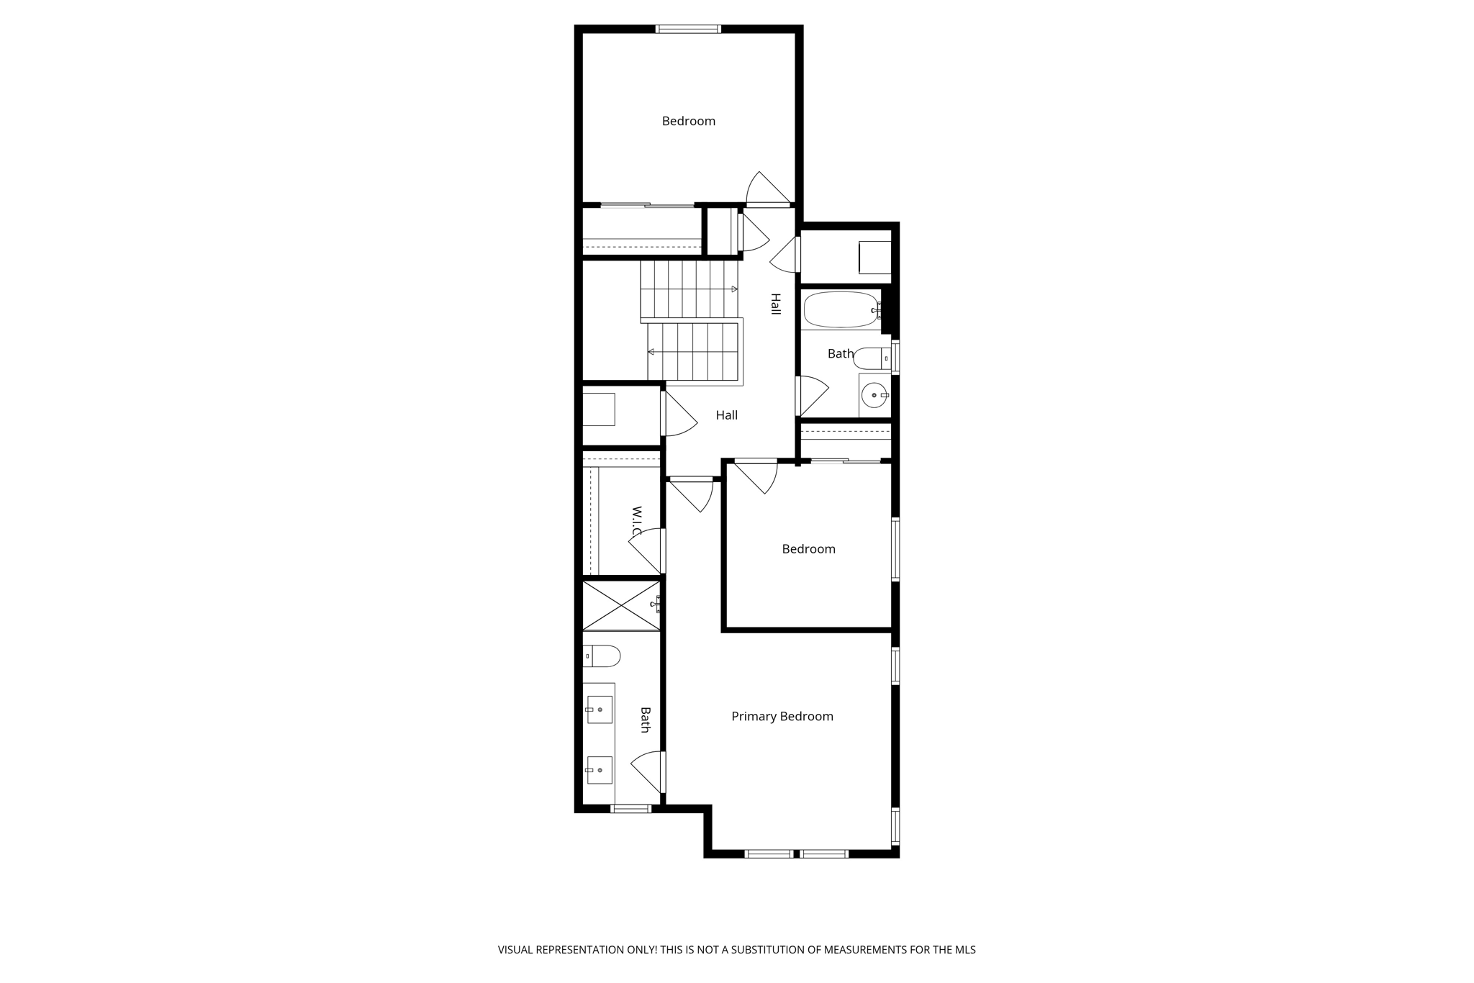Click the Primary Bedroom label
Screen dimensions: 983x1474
(x=782, y=716)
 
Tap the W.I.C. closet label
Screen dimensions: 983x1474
(x=636, y=521)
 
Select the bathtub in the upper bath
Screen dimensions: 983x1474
(x=841, y=309)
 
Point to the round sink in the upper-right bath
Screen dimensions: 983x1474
(x=874, y=395)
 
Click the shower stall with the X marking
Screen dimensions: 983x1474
(x=621, y=605)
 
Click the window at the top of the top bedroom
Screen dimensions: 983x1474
(x=687, y=30)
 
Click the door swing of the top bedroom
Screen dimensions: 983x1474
(x=767, y=189)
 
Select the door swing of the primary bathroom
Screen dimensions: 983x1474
(x=648, y=771)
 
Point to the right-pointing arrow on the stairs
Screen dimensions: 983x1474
(x=733, y=289)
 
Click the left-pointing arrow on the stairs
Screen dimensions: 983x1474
(x=651, y=352)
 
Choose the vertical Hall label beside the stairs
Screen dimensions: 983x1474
(x=775, y=304)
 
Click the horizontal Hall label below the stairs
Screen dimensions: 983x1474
(x=726, y=415)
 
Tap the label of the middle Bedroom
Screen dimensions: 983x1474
(x=808, y=549)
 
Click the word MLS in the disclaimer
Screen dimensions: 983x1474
(x=964, y=949)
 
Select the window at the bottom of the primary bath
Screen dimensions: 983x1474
(x=630, y=809)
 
